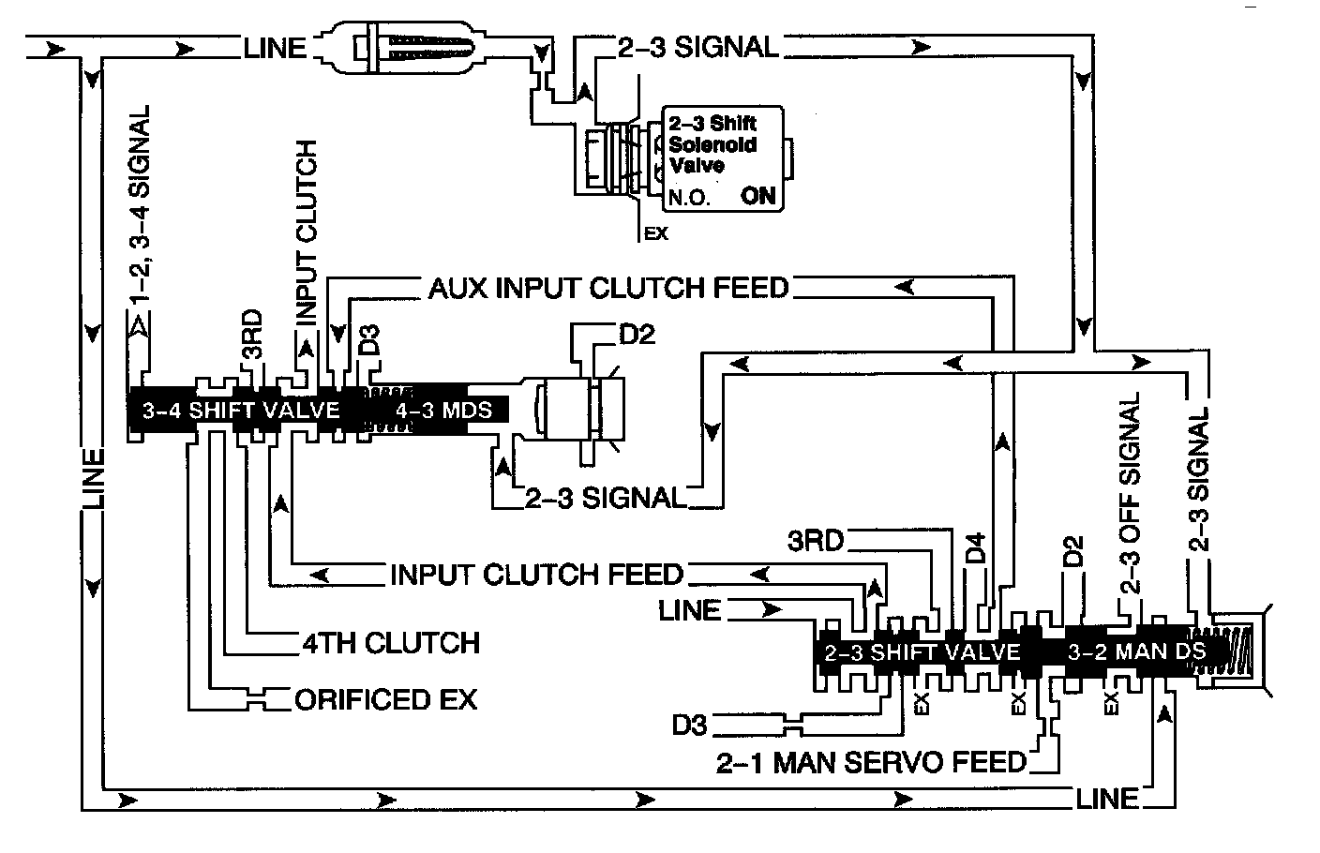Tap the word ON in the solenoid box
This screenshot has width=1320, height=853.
coord(758,197)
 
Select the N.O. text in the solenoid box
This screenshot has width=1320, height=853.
coord(689,199)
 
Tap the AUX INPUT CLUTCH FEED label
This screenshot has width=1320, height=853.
coord(608,287)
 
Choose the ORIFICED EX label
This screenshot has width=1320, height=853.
coord(385,699)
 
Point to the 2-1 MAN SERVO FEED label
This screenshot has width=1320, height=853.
coord(871,762)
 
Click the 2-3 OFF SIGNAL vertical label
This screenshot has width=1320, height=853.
coord(1130,497)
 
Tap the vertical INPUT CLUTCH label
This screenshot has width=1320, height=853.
coord(307,233)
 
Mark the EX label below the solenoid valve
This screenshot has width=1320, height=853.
coord(656,234)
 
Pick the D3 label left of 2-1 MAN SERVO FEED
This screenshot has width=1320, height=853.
coord(690,725)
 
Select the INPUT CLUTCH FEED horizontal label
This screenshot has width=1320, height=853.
coord(536,573)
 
